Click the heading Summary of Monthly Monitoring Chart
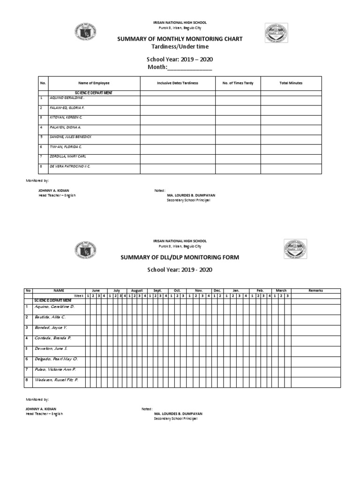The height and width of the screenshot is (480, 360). (x=180, y=39)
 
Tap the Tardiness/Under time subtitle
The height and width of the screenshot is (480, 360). (x=180, y=47)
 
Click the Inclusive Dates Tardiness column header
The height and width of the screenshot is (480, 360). (x=178, y=83)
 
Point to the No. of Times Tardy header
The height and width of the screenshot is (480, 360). (x=238, y=83)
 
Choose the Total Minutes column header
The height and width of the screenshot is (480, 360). (x=291, y=83)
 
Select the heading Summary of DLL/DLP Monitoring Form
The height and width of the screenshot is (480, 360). (x=180, y=257)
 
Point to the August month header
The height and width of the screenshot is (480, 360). (x=137, y=291)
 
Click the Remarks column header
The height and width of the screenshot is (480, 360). (x=315, y=291)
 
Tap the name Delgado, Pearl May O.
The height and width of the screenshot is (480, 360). (x=56, y=359)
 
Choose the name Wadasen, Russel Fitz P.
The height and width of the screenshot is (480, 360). (x=56, y=380)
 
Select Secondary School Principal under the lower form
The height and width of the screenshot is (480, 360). (x=176, y=419)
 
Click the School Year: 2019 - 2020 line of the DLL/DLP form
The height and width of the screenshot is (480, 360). (x=180, y=270)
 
